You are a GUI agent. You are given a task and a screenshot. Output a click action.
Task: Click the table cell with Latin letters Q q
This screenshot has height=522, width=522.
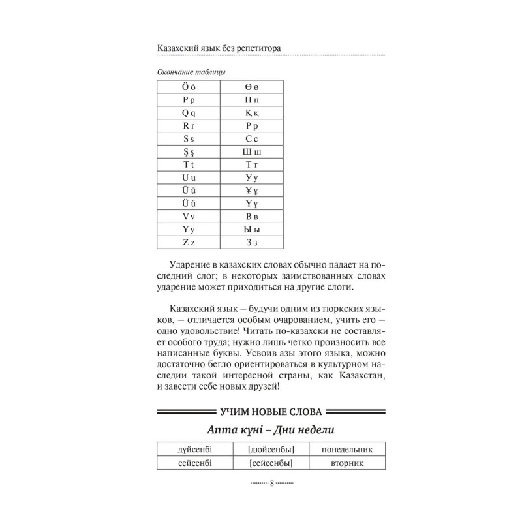click(189, 112)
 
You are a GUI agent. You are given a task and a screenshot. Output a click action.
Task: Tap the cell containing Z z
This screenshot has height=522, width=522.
click(189, 242)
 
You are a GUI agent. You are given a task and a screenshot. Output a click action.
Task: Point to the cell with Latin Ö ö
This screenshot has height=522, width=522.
click(189, 86)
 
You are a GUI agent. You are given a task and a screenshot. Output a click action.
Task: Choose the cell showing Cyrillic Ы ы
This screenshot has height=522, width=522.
click(252, 229)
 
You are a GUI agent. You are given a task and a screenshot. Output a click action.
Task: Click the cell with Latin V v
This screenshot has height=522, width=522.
click(189, 216)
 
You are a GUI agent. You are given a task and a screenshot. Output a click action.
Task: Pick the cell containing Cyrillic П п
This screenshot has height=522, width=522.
click(252, 99)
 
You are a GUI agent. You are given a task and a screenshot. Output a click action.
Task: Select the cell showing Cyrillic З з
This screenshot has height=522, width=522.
click(252, 242)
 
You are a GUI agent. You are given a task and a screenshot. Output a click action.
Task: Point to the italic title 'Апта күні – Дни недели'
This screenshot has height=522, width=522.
click(271, 430)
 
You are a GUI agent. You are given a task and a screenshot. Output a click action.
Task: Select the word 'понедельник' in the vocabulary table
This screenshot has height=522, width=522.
click(346, 449)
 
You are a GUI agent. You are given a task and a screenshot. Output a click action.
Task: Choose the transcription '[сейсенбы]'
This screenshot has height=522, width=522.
click(271, 463)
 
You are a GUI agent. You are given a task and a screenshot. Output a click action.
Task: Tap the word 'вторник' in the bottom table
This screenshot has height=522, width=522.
click(346, 463)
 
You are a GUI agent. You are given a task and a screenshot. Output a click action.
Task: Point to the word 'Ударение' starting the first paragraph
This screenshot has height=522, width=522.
click(188, 266)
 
